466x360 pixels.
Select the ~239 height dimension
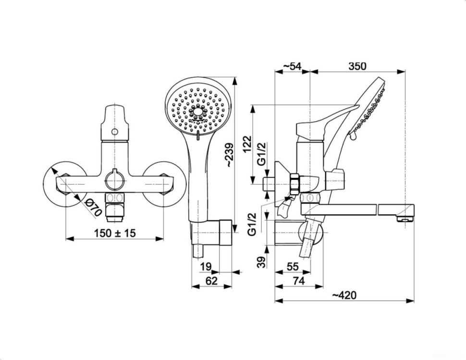(229, 155)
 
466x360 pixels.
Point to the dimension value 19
(206, 266)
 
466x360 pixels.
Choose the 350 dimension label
(357, 66)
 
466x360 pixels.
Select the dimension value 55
(293, 266)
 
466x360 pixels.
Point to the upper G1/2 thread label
(261, 154)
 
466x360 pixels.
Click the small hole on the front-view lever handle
(115, 132)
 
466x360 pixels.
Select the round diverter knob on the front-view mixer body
(114, 181)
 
